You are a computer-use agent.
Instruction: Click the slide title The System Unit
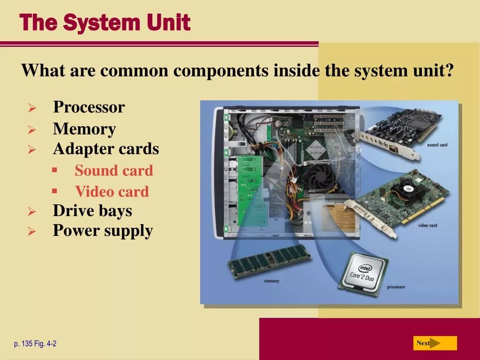coord(105,22)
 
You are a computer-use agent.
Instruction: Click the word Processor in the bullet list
coord(89,107)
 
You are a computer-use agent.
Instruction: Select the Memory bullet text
coord(84,129)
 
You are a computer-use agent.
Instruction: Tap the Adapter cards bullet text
coord(106,149)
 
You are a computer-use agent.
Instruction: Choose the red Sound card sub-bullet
coord(114,171)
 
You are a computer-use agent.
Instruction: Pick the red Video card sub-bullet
coord(112,192)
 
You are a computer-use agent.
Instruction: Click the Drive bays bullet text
coord(92,210)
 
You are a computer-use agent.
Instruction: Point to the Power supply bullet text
coord(103,231)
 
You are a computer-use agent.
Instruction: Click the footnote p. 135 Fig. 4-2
coord(35,344)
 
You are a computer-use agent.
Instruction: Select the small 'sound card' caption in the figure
coord(437,145)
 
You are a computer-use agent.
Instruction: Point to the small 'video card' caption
coord(427,225)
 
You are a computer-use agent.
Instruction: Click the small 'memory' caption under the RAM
coord(271,281)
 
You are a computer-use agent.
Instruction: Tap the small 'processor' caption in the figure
coord(396,287)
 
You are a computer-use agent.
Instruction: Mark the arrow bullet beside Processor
coord(32,108)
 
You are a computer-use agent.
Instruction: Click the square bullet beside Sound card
coord(54,170)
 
